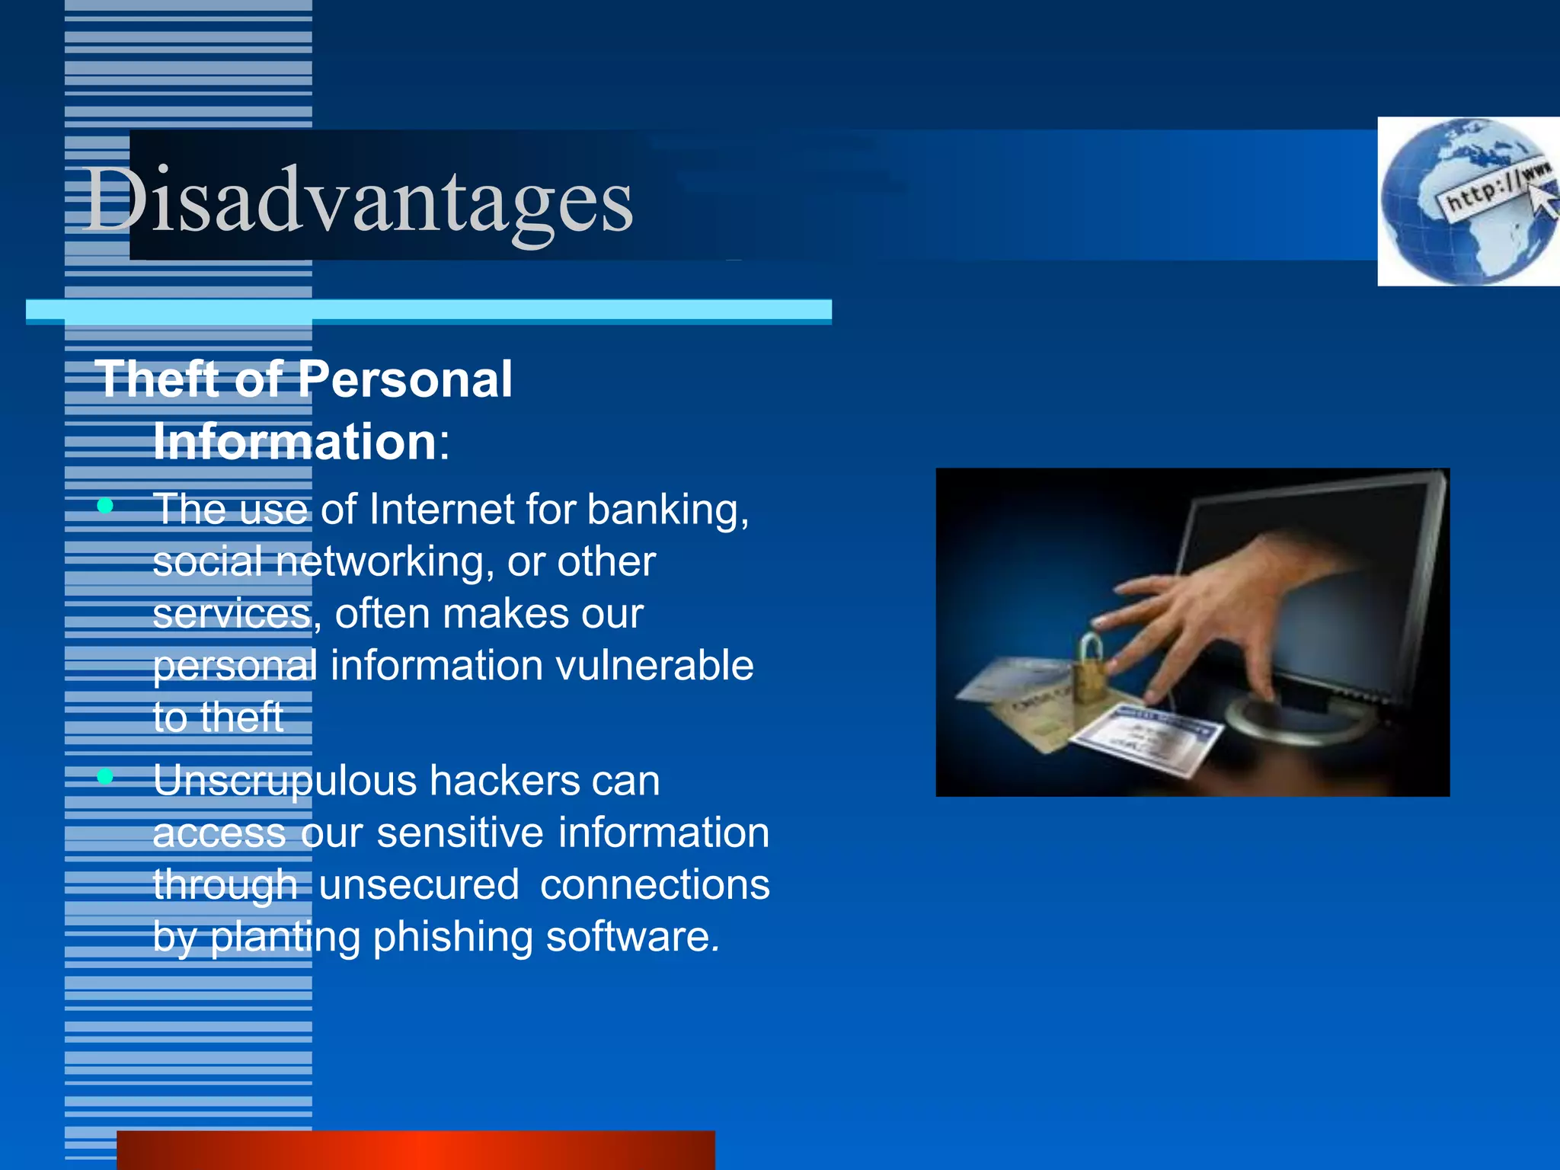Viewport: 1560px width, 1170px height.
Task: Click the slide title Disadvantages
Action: (358, 200)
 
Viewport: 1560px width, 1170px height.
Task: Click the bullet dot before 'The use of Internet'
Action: (106, 505)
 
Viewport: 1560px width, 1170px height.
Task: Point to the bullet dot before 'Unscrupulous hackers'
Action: (106, 776)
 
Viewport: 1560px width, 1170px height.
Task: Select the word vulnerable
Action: (654, 665)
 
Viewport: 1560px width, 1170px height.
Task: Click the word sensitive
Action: (460, 833)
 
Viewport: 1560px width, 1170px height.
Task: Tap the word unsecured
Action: (419, 884)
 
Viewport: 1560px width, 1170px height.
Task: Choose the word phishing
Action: (452, 937)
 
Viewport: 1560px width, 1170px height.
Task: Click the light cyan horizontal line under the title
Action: (429, 310)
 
